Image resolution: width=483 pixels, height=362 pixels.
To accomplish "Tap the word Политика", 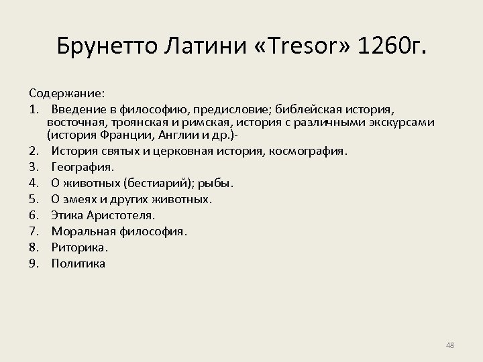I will coord(78,263).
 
